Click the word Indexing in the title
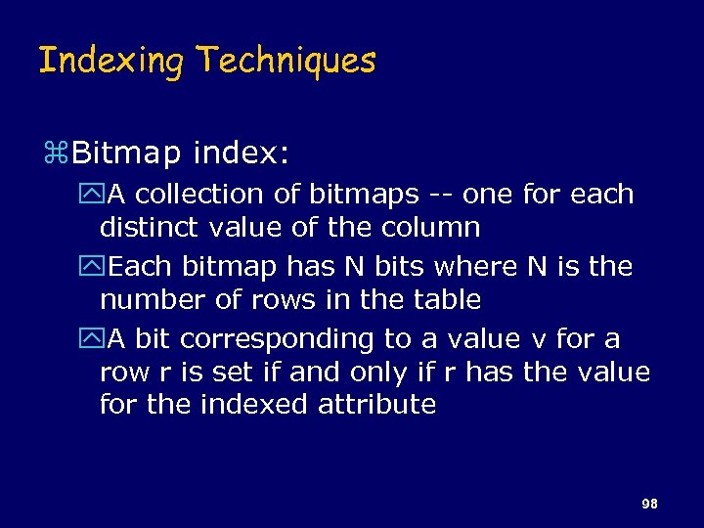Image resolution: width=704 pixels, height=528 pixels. coord(110,62)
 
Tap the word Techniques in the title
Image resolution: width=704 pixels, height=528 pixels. coord(286,61)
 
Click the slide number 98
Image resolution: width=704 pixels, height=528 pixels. coord(648,504)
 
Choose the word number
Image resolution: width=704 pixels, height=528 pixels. coord(146,299)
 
